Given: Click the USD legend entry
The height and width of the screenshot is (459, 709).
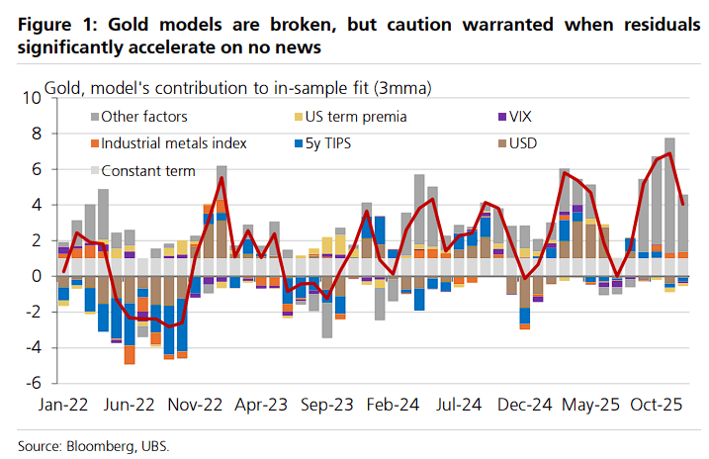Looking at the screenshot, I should pos(527,143).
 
